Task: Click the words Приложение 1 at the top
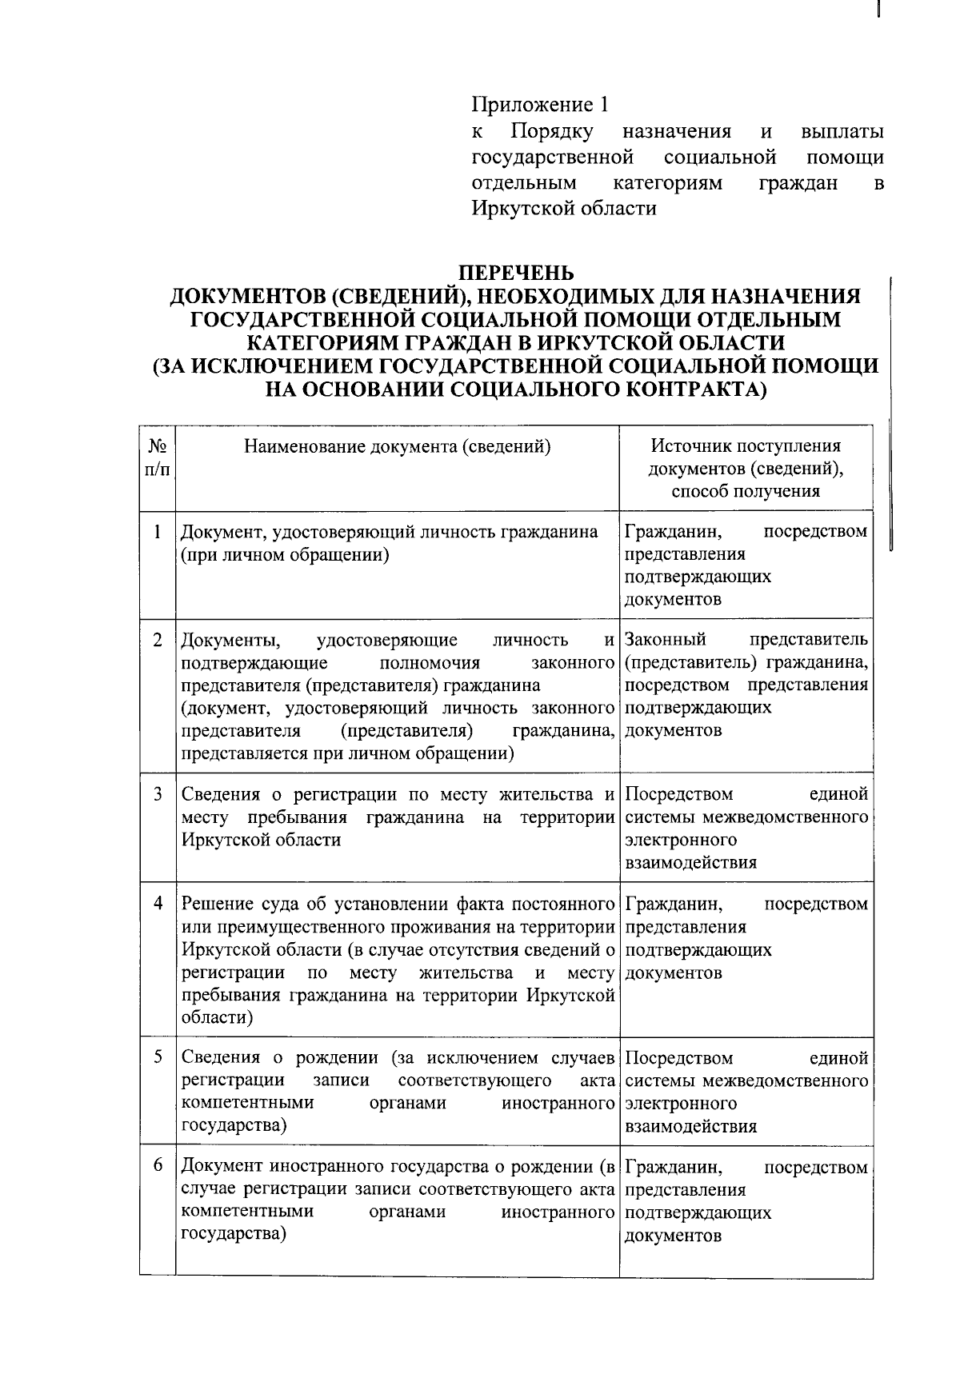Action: click(540, 105)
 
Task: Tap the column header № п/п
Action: click(158, 457)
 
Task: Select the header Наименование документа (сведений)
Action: click(398, 446)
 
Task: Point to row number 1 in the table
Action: click(158, 532)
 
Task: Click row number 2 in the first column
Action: click(158, 640)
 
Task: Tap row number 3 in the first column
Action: click(158, 794)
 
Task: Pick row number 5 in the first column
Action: click(158, 1057)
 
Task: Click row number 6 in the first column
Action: click(158, 1166)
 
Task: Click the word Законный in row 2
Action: click(665, 640)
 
